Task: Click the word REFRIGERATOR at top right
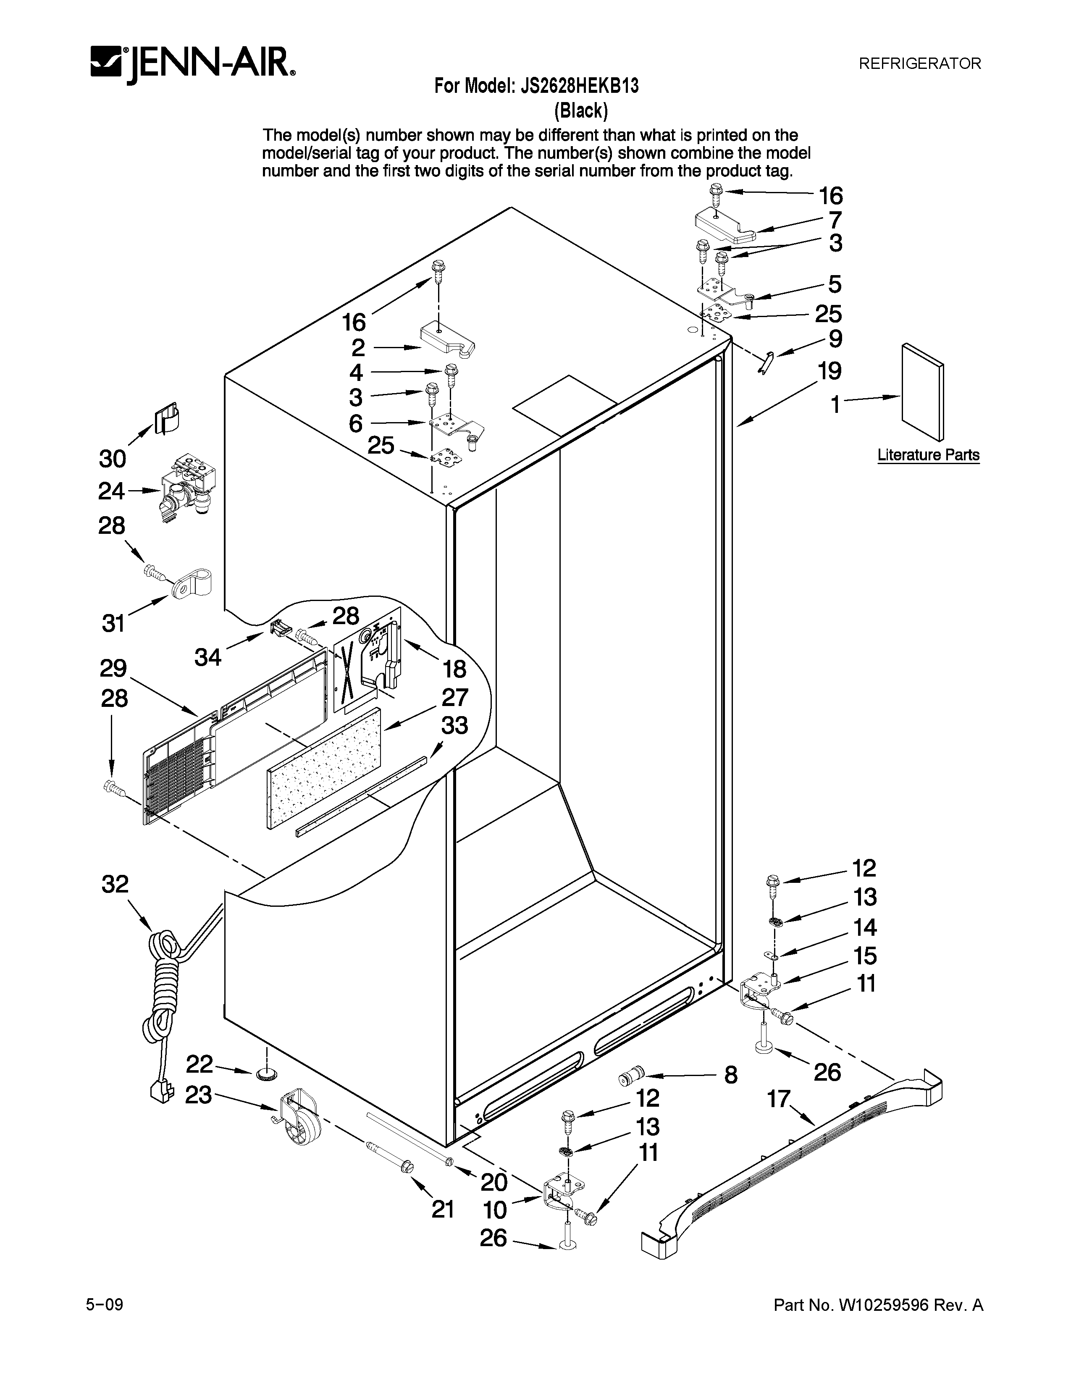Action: click(x=919, y=63)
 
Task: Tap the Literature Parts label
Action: click(x=928, y=455)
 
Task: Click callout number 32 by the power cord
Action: click(x=115, y=885)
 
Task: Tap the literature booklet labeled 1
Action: click(x=922, y=391)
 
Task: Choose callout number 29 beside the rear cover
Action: click(x=113, y=668)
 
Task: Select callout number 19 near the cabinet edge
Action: click(x=829, y=370)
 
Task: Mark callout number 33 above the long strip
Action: click(x=454, y=725)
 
